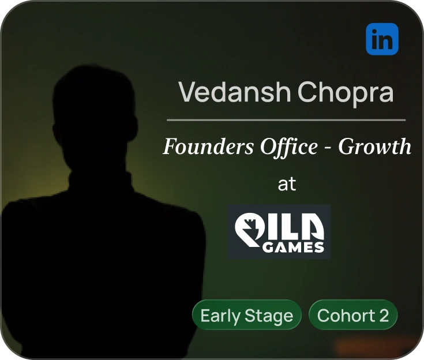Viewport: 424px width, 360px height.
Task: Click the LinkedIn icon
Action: click(x=382, y=39)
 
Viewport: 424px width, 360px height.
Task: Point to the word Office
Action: click(x=279, y=147)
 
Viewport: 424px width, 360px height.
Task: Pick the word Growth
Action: click(x=374, y=147)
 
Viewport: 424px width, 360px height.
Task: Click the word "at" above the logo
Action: click(x=287, y=185)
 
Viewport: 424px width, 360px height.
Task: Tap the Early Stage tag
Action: click(x=247, y=316)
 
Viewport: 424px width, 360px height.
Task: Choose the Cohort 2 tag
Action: click(x=353, y=316)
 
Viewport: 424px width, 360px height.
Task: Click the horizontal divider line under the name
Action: click(x=286, y=120)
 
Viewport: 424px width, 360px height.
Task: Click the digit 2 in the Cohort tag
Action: click(x=384, y=316)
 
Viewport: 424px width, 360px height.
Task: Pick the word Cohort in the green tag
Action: click(x=345, y=316)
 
